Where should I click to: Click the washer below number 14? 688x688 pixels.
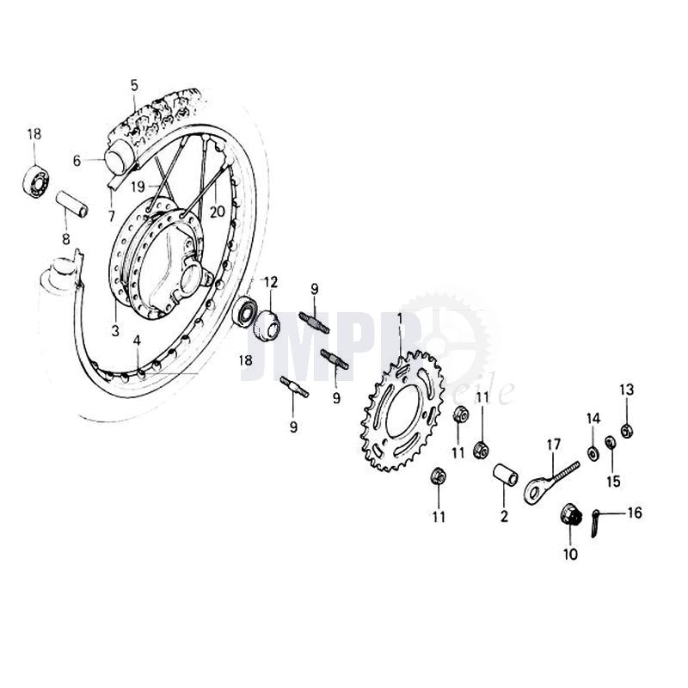(x=592, y=452)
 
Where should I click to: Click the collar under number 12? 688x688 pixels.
(x=266, y=322)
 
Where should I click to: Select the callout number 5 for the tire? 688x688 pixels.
(x=134, y=85)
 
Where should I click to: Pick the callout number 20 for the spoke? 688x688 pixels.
(x=218, y=211)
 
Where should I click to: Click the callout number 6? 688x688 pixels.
(x=76, y=160)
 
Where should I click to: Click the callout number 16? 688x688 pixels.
(x=634, y=514)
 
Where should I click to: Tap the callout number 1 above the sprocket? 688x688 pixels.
(x=399, y=319)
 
